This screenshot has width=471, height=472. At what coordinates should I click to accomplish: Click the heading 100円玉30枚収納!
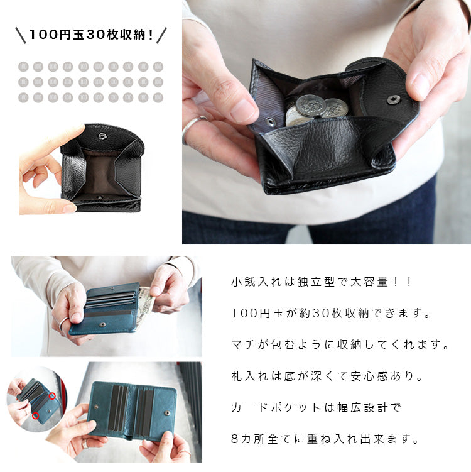[91, 35]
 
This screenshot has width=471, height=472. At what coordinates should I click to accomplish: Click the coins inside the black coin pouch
[316, 110]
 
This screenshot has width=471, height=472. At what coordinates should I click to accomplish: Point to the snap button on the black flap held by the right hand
[392, 100]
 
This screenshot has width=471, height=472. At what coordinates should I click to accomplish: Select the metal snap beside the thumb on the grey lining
[270, 121]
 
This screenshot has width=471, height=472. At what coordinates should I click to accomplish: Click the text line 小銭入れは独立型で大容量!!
[321, 282]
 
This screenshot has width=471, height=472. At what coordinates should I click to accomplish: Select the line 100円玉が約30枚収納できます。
[331, 314]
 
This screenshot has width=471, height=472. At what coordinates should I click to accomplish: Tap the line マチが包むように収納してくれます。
[340, 345]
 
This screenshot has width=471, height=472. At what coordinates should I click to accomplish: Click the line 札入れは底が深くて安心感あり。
[327, 376]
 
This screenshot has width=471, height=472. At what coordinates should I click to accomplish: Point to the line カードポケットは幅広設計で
[317, 408]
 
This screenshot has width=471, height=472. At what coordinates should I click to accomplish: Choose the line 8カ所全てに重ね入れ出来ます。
[325, 439]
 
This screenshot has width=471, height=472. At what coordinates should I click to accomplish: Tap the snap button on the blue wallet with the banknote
[102, 325]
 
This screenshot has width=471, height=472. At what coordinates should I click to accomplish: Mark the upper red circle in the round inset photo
[52, 396]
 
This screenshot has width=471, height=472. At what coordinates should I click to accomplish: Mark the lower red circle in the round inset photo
[36, 415]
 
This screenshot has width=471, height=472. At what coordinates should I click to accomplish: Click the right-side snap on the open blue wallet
[167, 413]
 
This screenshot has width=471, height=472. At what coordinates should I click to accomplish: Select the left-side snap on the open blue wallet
[96, 407]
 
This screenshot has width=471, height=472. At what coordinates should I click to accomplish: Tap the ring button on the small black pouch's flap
[102, 136]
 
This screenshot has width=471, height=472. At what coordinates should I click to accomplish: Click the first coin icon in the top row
[23, 67]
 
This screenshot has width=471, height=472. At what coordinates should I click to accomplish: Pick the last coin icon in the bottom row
[158, 97]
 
